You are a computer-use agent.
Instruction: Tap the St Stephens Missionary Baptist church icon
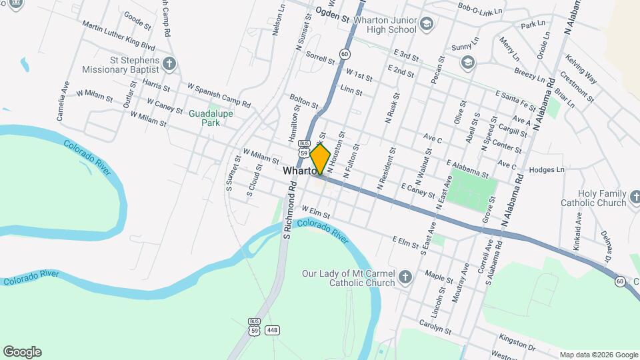[170, 64]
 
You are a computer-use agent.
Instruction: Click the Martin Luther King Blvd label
[119, 36]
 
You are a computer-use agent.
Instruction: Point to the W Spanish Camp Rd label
[219, 95]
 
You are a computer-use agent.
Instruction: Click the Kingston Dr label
[517, 342]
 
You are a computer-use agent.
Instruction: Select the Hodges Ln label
[547, 170]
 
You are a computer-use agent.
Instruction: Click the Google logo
[22, 352]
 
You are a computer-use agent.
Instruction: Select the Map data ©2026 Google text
[598, 355]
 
